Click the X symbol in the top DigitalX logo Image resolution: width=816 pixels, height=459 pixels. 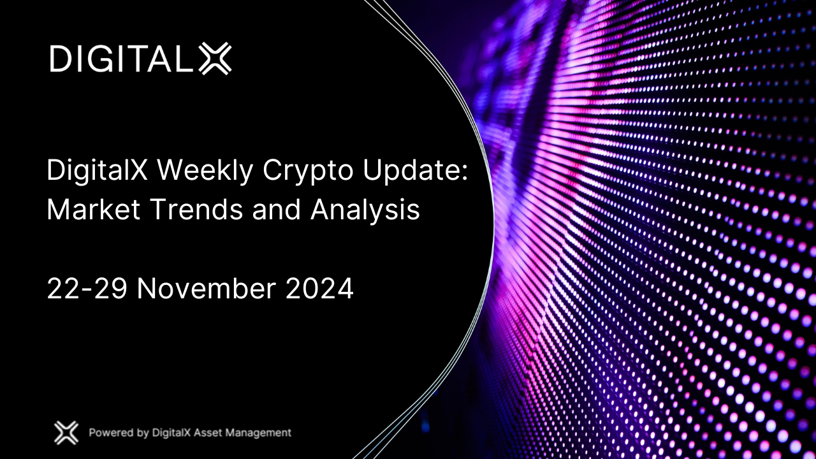[215, 59]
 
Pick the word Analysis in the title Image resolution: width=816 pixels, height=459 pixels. [365, 211]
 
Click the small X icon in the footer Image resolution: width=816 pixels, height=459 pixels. [66, 433]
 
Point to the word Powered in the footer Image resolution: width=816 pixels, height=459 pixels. [111, 433]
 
